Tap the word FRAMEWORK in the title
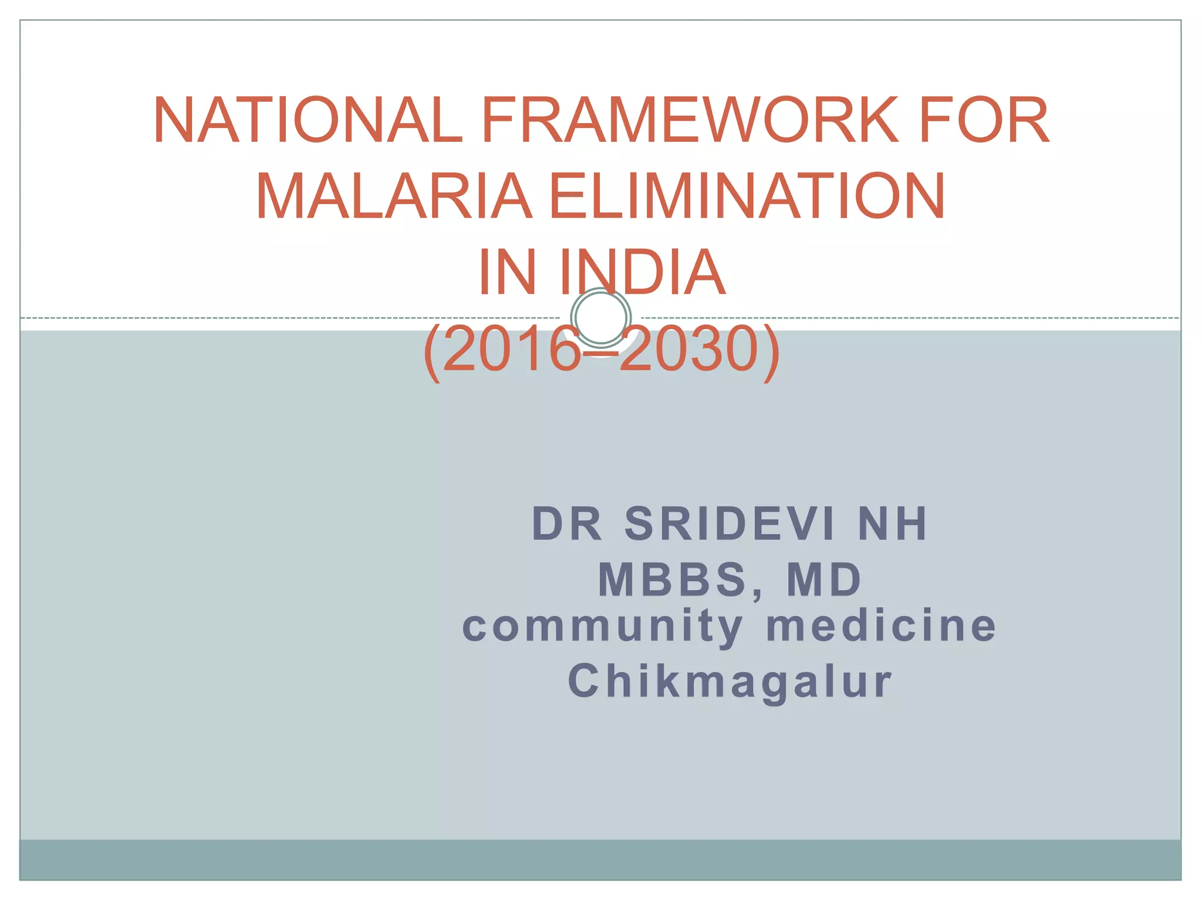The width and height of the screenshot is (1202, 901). [x=689, y=120]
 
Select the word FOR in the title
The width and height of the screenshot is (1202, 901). [x=984, y=120]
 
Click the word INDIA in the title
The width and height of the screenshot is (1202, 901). [x=643, y=272]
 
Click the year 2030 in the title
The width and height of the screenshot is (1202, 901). [x=690, y=350]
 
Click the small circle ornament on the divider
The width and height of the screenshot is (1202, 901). [x=601, y=317]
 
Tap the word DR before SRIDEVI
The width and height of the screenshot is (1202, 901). [x=567, y=524]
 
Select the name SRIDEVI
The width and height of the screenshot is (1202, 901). [x=729, y=524]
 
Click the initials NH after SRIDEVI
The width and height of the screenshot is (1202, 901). [x=893, y=524]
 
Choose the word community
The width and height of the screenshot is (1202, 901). [x=603, y=626]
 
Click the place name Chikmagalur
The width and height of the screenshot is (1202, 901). [x=730, y=682]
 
